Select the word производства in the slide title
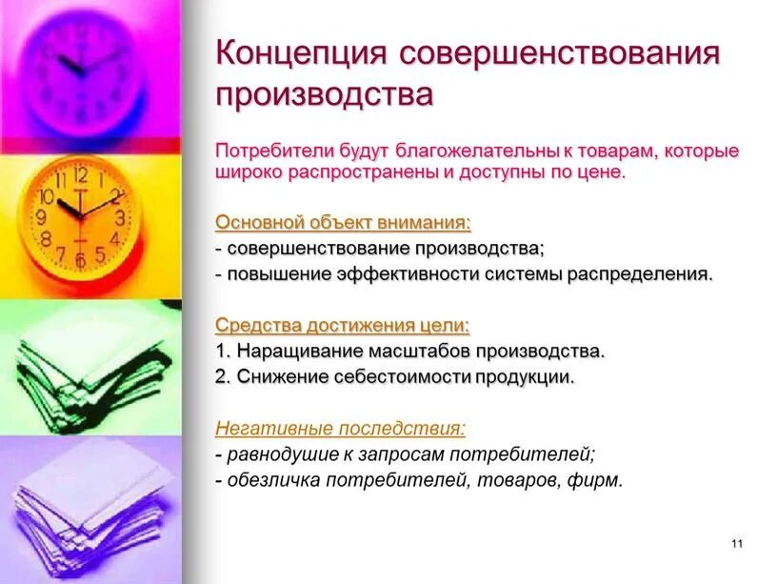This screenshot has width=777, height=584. click(x=324, y=95)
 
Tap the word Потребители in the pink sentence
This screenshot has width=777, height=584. click(x=270, y=151)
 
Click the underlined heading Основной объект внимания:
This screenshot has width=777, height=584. click(x=343, y=222)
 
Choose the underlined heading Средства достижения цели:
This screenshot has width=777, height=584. click(x=342, y=325)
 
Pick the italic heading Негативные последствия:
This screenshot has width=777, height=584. click(x=340, y=428)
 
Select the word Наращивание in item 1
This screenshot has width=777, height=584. click(x=295, y=351)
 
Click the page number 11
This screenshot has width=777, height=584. click(x=737, y=543)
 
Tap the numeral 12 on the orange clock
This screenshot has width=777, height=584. click(x=80, y=175)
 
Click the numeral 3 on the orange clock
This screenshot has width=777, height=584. click(x=119, y=217)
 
